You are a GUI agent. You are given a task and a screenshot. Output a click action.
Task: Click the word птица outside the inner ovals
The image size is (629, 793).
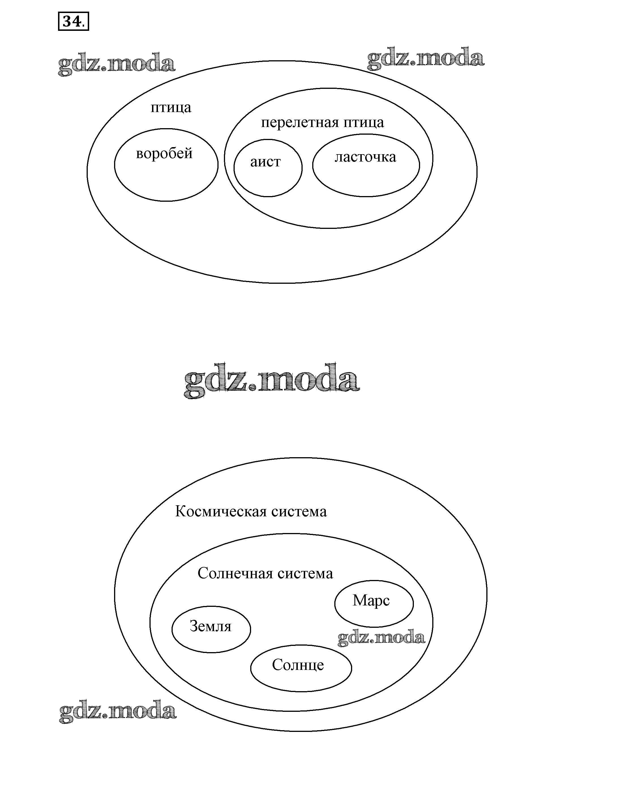pos(171,108)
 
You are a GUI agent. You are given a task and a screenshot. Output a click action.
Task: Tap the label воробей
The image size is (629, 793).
pos(164,153)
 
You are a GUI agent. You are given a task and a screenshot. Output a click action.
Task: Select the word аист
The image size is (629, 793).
pos(265,162)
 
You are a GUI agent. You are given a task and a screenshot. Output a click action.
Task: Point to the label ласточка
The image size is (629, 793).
pos(365,157)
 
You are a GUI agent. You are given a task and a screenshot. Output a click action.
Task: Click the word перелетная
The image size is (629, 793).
pos(299,123)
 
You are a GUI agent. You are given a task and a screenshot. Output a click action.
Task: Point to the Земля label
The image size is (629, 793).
pos(211,626)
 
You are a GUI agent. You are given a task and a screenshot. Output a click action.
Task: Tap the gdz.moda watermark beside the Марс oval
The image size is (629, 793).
pos(381,637)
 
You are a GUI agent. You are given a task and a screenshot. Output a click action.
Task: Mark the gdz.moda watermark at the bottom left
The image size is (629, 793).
pos(117,711)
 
